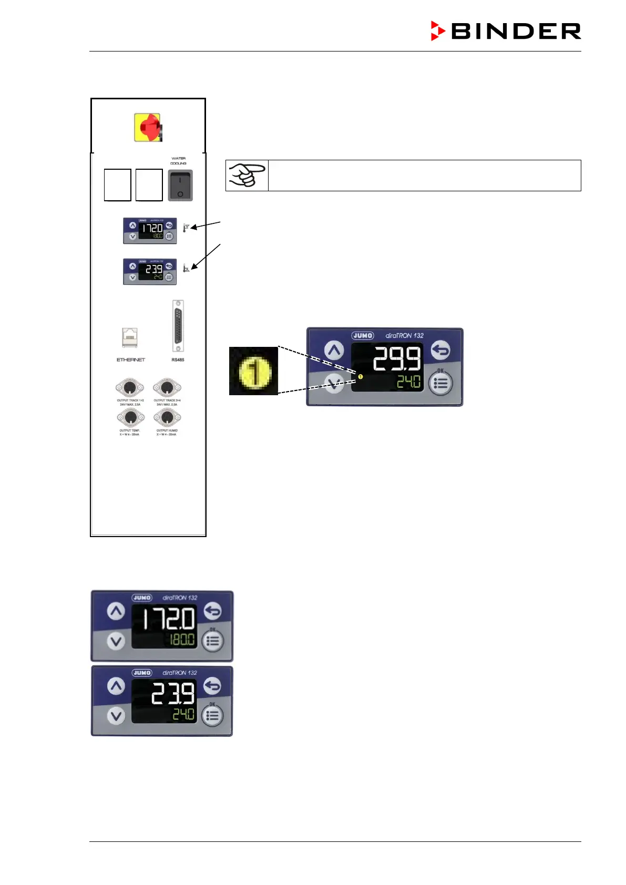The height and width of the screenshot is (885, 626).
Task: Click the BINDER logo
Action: pos(506,31)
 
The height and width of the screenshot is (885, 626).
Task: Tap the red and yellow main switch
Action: pos(148,127)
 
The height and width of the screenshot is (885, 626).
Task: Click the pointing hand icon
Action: pos(247,175)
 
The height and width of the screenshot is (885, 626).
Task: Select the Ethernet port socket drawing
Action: pos(130,337)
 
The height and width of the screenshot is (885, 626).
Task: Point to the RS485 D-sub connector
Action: pos(178,326)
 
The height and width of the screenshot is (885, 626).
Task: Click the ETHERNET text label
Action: pos(130,360)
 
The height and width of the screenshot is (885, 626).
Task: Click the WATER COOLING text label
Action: pos(178,161)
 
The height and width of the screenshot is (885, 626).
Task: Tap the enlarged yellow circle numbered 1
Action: pos(254,372)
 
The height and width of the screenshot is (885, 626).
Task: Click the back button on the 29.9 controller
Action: pos(441,350)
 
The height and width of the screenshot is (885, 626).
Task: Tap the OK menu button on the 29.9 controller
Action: pos(440,384)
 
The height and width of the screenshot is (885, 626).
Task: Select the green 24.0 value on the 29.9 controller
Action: pos(408,382)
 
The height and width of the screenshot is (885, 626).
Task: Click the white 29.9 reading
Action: pos(397,359)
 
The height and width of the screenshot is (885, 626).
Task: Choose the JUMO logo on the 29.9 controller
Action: pos(363,335)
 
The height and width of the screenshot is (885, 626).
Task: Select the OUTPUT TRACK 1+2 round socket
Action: pos(130,388)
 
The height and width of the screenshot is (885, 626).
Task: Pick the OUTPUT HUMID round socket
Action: pos(167,418)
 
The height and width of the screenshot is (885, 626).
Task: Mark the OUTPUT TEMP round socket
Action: pos(130,418)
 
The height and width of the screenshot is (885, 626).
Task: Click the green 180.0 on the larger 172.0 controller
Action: pos(181,640)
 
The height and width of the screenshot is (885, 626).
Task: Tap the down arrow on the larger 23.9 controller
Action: pos(116,715)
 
